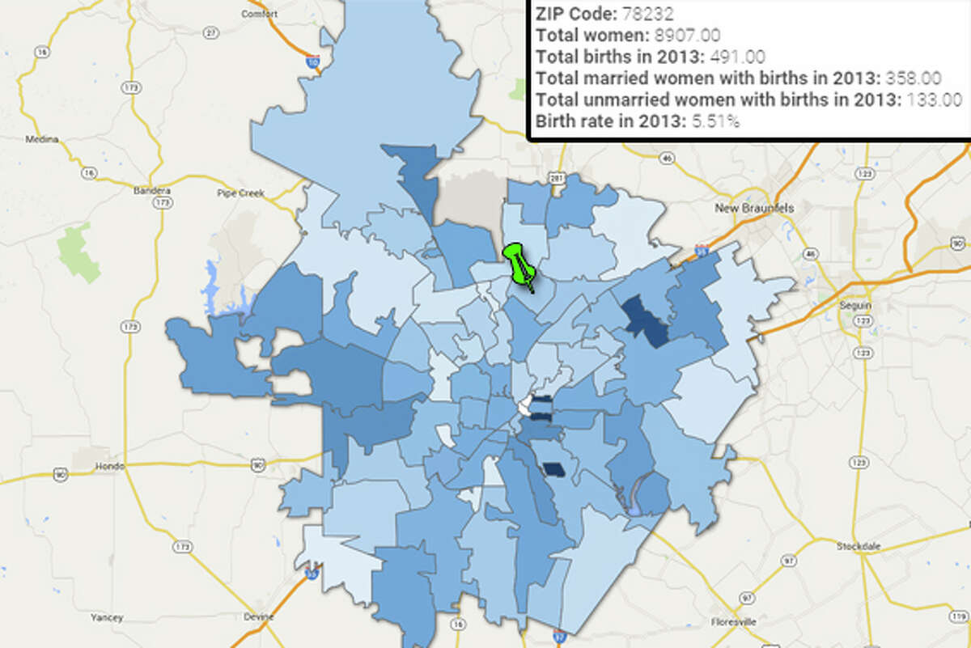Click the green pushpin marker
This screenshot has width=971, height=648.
tap(517, 260)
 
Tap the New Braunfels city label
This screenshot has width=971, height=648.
tap(754, 208)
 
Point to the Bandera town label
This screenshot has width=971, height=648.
tap(148, 193)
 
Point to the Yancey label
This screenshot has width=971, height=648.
tap(107, 618)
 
